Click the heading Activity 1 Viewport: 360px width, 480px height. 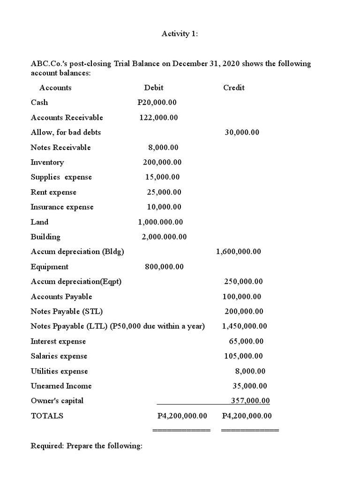(x=180, y=34)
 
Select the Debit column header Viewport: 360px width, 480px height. (x=154, y=88)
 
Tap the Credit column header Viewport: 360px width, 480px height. (x=234, y=88)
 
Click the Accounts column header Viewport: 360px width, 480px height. (x=55, y=88)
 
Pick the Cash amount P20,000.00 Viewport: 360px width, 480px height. (x=157, y=103)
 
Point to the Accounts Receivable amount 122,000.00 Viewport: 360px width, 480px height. (x=158, y=118)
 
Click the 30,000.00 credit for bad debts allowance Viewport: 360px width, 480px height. (x=242, y=133)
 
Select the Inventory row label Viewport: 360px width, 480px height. (x=47, y=163)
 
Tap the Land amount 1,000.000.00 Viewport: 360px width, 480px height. (x=160, y=222)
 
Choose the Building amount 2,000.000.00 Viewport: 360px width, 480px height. (x=164, y=237)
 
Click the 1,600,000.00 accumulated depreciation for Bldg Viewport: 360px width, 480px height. (x=239, y=252)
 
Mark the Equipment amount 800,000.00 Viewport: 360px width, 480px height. (x=164, y=267)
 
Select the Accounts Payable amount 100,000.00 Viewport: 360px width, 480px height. (x=242, y=297)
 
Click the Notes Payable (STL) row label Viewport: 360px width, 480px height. (x=67, y=312)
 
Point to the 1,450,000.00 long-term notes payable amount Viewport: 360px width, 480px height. (x=244, y=326)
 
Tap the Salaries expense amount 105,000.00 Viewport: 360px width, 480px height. (x=243, y=356)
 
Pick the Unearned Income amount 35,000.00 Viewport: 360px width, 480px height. (x=250, y=386)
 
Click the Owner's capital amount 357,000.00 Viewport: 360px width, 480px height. (x=251, y=401)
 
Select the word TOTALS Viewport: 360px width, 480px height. (x=47, y=416)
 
